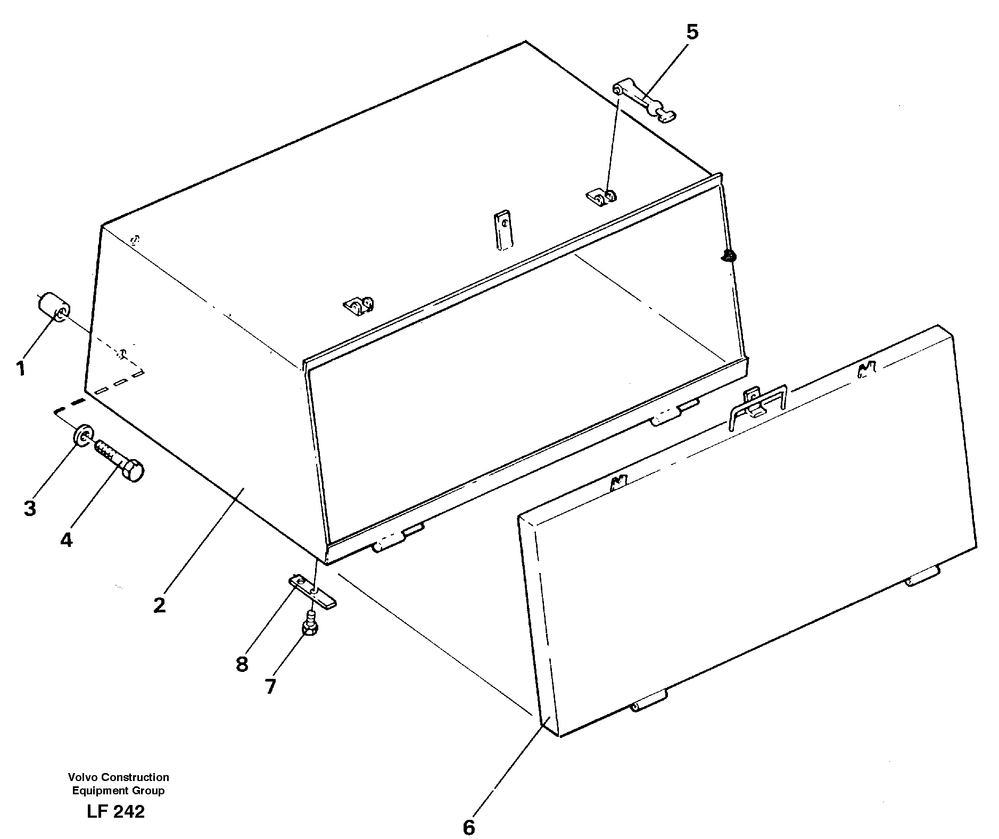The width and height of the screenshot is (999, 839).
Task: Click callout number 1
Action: (x=20, y=368)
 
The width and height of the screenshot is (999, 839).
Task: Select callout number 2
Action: (x=160, y=605)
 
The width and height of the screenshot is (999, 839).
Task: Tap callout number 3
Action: (x=30, y=508)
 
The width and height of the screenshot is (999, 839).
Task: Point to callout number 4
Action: (x=65, y=539)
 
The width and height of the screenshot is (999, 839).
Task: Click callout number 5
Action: (x=691, y=32)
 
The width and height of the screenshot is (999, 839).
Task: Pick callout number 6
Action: (x=468, y=827)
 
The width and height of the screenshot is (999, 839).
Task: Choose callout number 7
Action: (x=270, y=686)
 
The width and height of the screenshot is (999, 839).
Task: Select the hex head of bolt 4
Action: (x=134, y=471)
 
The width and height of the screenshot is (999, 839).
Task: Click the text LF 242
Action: (x=115, y=811)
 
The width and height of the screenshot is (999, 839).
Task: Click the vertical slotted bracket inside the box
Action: (x=502, y=230)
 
